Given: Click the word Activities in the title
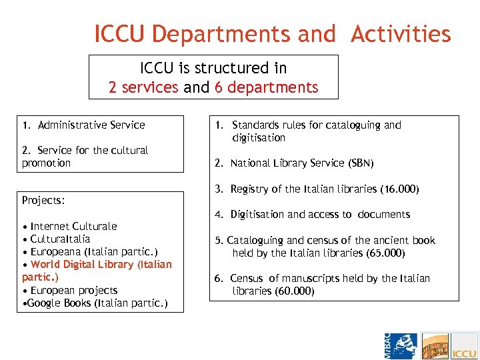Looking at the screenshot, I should [x=401, y=33].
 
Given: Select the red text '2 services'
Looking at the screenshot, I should [x=143, y=87].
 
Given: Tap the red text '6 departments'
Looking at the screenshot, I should [x=266, y=87].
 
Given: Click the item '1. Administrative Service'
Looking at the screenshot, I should [x=83, y=125].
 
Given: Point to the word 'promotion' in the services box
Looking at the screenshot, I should [x=46, y=163].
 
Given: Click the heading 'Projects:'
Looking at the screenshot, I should [x=43, y=200].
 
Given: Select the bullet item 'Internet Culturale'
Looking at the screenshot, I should [x=73, y=226].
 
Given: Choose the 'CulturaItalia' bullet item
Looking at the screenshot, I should [x=60, y=239].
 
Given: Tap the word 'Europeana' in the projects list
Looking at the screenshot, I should [x=53, y=251].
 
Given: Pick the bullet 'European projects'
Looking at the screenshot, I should [x=73, y=290].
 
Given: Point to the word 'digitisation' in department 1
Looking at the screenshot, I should [x=259, y=138].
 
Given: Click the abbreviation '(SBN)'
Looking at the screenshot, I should [x=361, y=163].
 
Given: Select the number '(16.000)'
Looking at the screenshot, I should [x=399, y=189].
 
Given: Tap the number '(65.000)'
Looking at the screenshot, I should [x=385, y=253].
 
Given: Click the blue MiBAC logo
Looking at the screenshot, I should [x=401, y=346].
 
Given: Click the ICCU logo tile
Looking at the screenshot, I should [x=464, y=346].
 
